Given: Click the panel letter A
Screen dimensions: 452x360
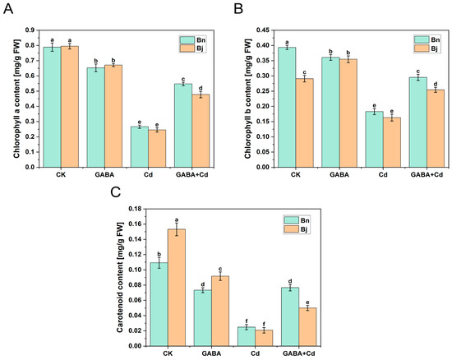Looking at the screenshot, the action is [8, 9].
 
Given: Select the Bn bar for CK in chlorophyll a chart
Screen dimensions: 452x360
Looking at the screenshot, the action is [52, 107].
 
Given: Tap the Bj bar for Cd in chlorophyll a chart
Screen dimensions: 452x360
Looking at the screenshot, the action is [157, 149].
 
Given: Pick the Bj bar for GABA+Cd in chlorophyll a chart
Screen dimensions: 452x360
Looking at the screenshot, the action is [201, 131].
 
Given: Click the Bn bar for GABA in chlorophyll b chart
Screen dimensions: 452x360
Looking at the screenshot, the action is [330, 112].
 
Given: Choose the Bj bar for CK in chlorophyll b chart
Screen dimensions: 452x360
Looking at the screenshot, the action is [304, 122].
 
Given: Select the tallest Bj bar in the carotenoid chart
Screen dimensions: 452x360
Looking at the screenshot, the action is [177, 288].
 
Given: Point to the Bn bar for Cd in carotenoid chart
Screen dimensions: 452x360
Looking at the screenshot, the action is [247, 336].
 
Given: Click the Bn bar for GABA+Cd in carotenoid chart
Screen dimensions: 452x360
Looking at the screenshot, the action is [290, 316].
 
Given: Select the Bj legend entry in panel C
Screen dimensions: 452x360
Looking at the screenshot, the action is [297, 229].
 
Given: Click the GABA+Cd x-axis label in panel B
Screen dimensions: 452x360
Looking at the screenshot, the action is [427, 174].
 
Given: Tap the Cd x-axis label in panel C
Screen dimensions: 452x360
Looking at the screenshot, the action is [255, 353].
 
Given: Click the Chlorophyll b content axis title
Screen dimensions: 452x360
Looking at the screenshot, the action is [248, 99].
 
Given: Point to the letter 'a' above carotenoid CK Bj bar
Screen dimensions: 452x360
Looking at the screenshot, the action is [177, 219].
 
